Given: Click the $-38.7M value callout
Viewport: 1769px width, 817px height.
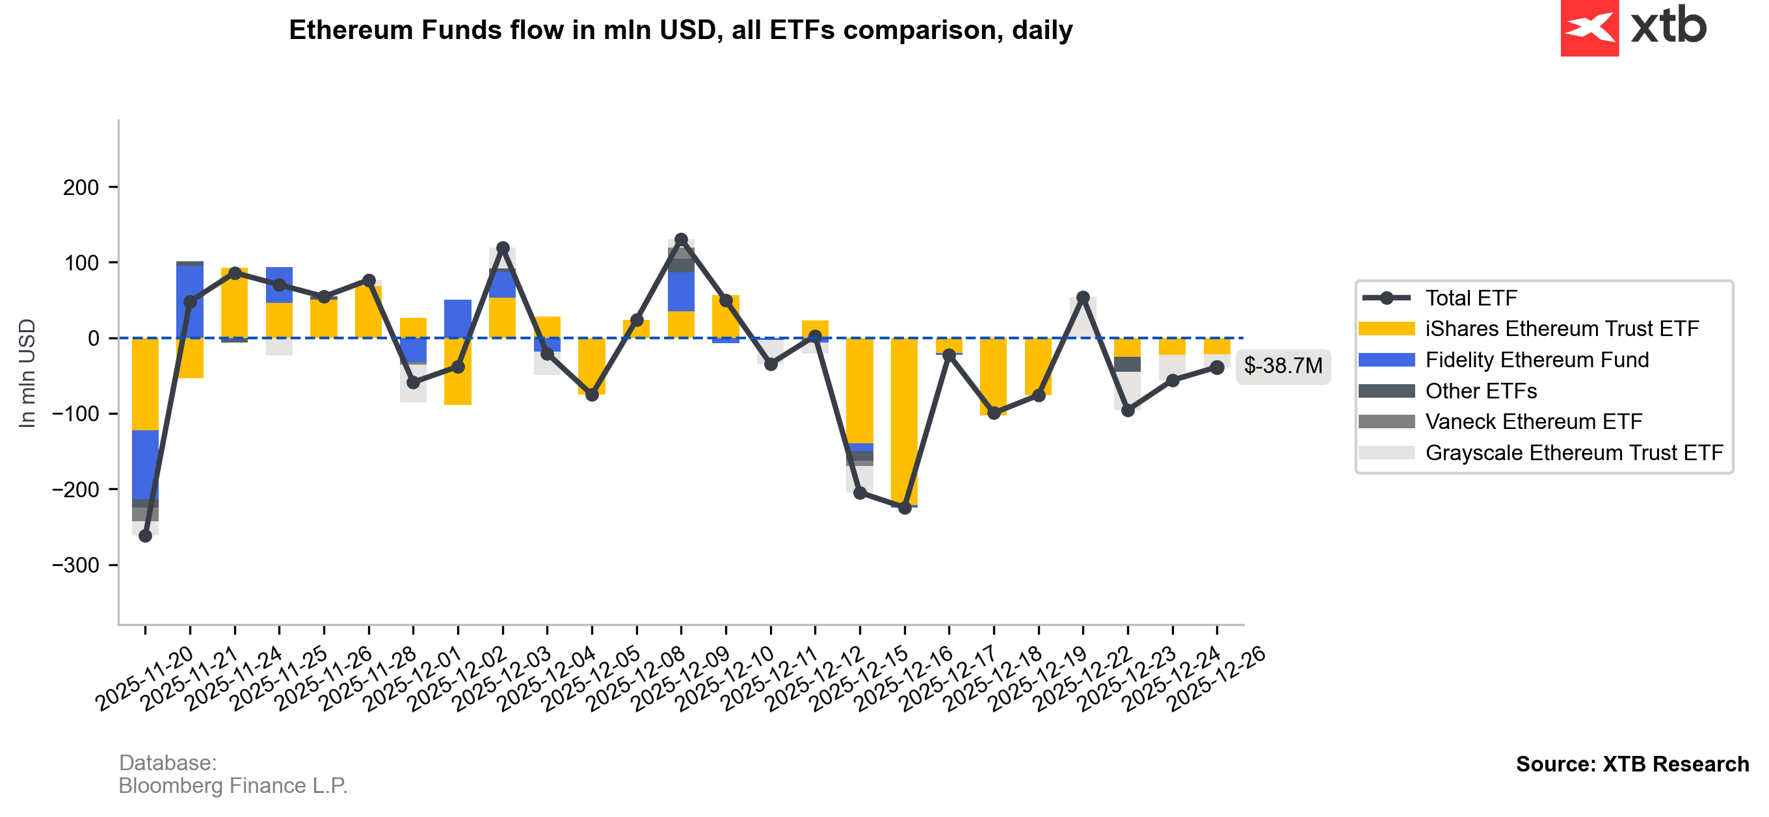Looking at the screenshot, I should click(x=1282, y=366).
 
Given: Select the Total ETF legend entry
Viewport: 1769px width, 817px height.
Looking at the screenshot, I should click(x=1470, y=298).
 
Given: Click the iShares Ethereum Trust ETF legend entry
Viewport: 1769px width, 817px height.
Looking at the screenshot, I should click(x=1561, y=329).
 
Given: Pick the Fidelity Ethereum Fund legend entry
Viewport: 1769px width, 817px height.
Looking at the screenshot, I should click(x=1536, y=360).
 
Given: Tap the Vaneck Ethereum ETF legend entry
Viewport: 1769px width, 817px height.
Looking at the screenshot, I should click(x=1533, y=422).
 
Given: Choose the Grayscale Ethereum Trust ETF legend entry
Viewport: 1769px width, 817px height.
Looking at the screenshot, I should click(x=1573, y=453).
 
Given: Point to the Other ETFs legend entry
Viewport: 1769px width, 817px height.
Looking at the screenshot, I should click(x=1481, y=391).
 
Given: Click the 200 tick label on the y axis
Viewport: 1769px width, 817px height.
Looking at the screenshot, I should click(x=81, y=187).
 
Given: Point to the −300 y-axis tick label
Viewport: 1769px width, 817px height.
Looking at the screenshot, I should click(x=75, y=565).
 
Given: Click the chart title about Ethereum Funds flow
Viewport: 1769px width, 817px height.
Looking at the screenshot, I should click(x=680, y=30).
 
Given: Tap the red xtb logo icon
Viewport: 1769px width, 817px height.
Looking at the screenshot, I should click(x=1589, y=27).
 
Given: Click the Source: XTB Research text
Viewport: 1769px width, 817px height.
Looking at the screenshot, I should click(x=1632, y=764).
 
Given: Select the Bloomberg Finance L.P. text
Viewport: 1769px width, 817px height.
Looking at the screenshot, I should click(x=233, y=785).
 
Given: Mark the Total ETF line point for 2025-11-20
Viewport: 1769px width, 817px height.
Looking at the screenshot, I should click(x=145, y=536).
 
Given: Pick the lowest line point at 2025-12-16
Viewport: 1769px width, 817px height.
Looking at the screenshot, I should click(x=905, y=508).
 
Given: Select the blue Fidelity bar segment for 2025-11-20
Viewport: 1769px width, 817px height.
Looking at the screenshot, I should click(x=145, y=464).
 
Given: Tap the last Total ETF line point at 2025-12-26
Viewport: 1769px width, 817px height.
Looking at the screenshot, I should click(x=1217, y=368).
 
